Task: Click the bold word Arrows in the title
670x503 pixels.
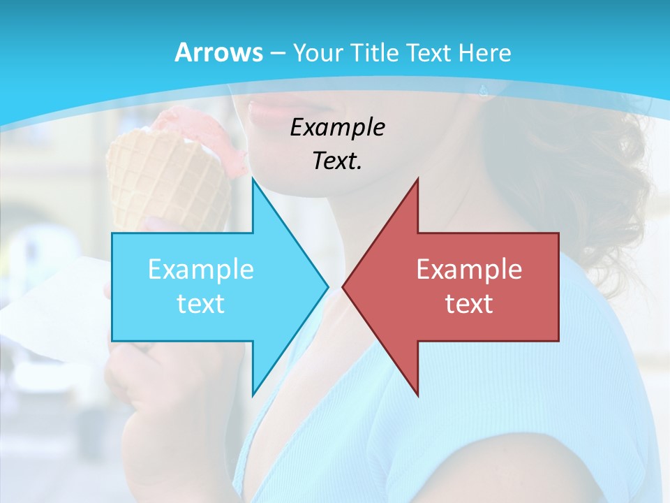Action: pyautogui.click(x=218, y=52)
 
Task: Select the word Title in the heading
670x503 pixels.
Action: pyautogui.click(x=373, y=52)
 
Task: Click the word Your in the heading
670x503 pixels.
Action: pyautogui.click(x=318, y=52)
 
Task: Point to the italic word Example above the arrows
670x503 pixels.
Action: pyautogui.click(x=337, y=128)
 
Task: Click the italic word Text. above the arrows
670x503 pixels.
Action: pyautogui.click(x=337, y=161)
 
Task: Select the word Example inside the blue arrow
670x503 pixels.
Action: pyautogui.click(x=200, y=270)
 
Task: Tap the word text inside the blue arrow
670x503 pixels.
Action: pyautogui.click(x=200, y=303)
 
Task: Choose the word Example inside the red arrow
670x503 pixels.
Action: pyautogui.click(x=469, y=270)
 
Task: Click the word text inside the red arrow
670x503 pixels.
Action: pyautogui.click(x=469, y=303)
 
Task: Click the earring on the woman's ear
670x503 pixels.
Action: pyautogui.click(x=483, y=90)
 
